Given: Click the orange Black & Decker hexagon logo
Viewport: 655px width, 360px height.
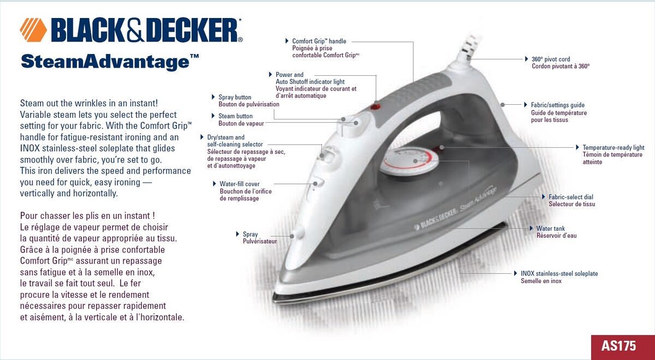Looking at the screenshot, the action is (33, 30).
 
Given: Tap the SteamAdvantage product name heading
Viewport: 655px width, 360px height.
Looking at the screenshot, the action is (110, 62).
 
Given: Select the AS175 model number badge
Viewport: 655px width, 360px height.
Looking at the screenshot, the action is (618, 346).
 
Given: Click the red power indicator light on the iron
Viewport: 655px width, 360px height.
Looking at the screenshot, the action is (375, 106).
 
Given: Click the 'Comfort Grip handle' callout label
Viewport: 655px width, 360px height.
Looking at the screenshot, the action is (319, 41).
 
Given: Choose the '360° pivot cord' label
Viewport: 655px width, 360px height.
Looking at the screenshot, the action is (551, 59).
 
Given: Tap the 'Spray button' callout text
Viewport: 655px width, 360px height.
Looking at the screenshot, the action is (235, 97).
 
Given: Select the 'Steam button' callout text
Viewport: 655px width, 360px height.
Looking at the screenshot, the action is (235, 116).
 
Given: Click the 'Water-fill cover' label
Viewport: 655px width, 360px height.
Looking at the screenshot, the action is (240, 184).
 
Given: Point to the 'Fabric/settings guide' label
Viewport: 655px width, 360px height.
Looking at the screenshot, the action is (558, 105).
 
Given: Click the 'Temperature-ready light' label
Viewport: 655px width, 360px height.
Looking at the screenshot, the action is (613, 148).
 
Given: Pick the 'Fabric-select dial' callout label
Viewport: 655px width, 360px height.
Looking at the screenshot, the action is (571, 197).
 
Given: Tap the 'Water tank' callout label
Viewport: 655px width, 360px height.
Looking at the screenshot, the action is (550, 229).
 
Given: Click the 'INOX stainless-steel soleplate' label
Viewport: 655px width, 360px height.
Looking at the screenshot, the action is (559, 273).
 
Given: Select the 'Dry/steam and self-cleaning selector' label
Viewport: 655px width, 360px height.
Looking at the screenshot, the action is (235, 141).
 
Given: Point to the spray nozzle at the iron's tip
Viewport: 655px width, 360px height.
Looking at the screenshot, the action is (297, 234).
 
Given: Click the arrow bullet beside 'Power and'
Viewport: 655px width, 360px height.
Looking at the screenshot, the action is (270, 75).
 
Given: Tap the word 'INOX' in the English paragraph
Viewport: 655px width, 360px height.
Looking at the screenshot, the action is (30, 148).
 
